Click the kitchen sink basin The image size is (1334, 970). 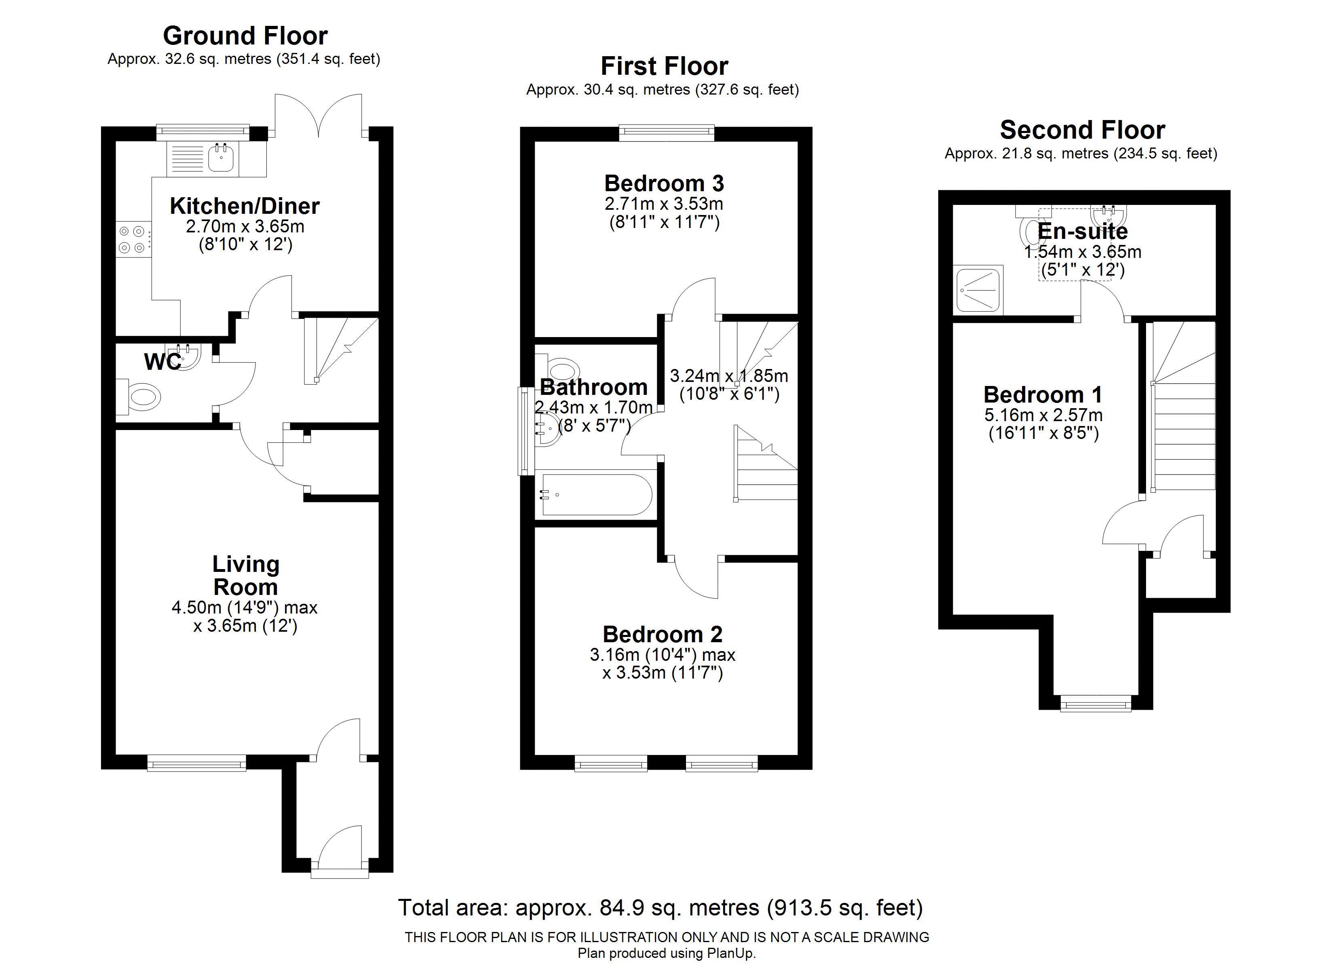coord(222,158)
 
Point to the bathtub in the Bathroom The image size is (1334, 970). coord(596,495)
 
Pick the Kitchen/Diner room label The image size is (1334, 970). coord(245,206)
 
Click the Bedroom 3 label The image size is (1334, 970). coord(664,183)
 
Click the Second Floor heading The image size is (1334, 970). coord(1082,129)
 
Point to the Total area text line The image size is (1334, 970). coord(661,908)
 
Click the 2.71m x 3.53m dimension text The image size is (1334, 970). coord(664,204)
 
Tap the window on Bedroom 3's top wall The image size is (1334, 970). coord(667,133)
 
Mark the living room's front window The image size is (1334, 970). coord(196,763)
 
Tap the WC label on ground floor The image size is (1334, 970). coord(163,362)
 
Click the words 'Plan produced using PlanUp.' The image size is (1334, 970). coord(667,953)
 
